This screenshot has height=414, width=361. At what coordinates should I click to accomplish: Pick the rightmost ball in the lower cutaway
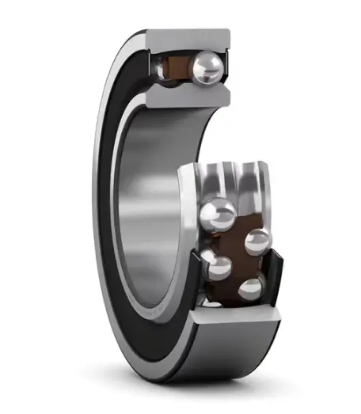[x=256, y=241]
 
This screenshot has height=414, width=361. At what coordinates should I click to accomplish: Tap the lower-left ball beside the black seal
[x=214, y=264]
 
